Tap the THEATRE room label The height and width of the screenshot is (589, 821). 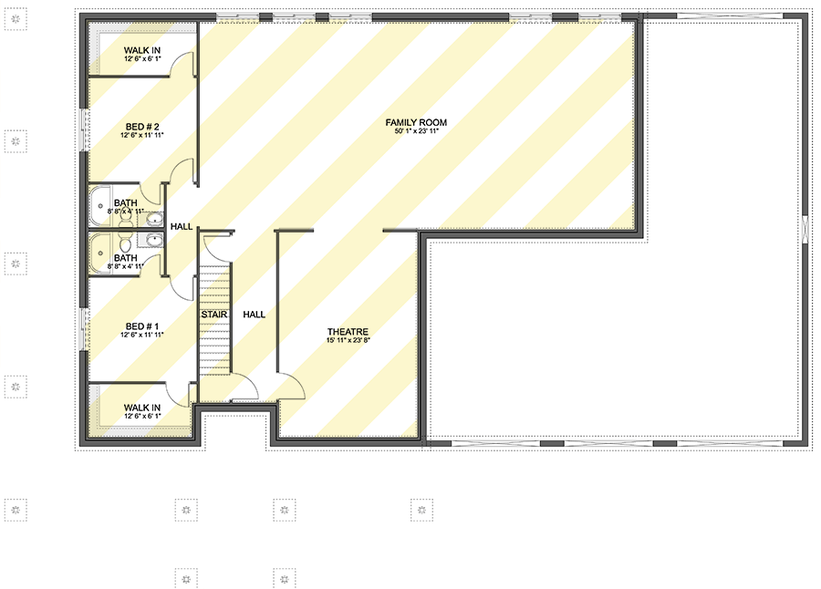pyautogui.click(x=348, y=332)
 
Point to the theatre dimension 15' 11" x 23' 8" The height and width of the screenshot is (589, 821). pyautogui.click(x=348, y=341)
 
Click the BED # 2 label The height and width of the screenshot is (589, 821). pyautogui.click(x=141, y=126)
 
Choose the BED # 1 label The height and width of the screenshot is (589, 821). pyautogui.click(x=141, y=326)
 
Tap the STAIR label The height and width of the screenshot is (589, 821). pyautogui.click(x=214, y=315)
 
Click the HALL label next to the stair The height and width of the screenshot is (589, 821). pyautogui.click(x=254, y=315)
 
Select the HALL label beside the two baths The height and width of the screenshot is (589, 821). pyautogui.click(x=182, y=226)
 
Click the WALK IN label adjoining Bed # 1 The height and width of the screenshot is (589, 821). pyautogui.click(x=142, y=408)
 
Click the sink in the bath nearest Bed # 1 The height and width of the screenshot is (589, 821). pyautogui.click(x=153, y=241)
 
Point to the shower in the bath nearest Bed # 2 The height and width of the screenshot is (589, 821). pyautogui.click(x=99, y=206)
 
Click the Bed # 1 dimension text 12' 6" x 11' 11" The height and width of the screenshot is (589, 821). pyautogui.click(x=141, y=336)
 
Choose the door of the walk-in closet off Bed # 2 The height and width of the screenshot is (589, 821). pyautogui.click(x=185, y=66)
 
